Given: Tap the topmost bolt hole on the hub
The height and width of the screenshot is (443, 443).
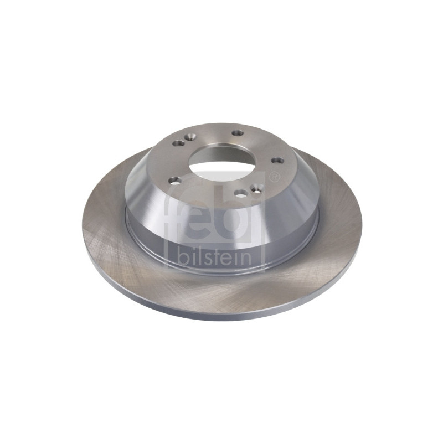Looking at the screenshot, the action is [238, 132].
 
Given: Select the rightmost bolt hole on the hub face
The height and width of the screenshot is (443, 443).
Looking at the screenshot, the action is [277, 161].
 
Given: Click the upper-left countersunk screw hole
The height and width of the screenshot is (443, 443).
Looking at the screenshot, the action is [190, 137].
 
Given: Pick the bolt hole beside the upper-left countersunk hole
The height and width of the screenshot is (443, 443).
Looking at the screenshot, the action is [178, 143].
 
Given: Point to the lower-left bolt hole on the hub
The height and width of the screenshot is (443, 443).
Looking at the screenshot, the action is [175, 181].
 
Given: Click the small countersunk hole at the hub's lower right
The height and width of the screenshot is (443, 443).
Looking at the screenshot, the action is [257, 187].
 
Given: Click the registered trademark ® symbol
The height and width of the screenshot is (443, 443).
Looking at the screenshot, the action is [274, 177].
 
